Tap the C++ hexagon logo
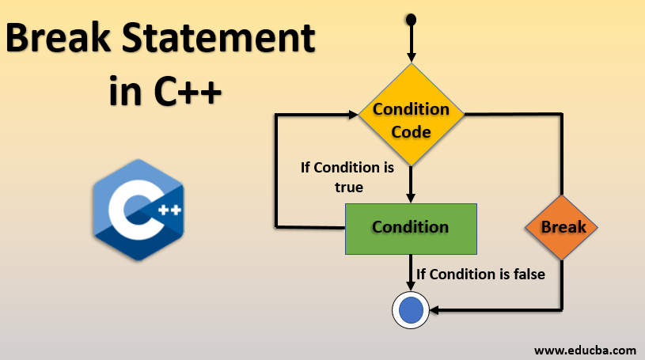[x=138, y=210]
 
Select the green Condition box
[x=411, y=228]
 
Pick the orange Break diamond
[x=563, y=228]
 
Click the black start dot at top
[x=411, y=19]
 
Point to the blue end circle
[x=411, y=310]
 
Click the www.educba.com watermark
[x=585, y=349]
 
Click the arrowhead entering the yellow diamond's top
[x=411, y=57]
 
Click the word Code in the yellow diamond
[x=411, y=131]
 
